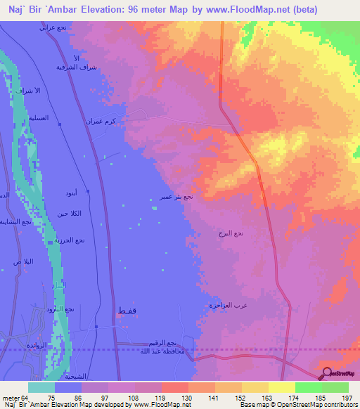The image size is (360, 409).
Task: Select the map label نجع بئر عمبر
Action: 174,197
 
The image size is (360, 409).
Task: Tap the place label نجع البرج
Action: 230,233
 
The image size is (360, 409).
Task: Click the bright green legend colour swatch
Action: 309,387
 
